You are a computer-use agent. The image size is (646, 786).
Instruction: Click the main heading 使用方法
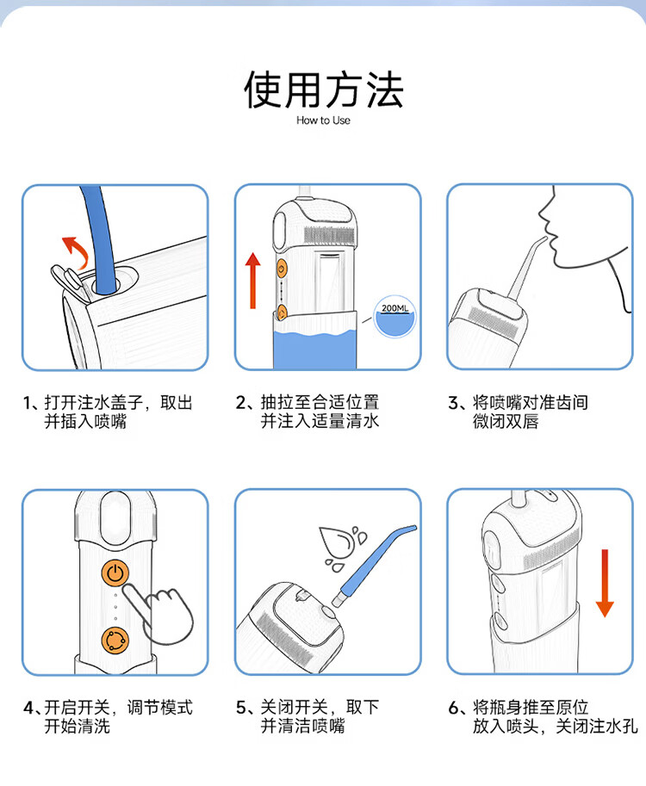click(324, 90)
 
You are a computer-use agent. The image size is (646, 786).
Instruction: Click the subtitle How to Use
click(323, 121)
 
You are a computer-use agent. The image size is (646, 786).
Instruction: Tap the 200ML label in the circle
click(394, 308)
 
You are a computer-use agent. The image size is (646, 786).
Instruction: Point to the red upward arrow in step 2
click(253, 280)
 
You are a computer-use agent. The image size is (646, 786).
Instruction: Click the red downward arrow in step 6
click(605, 583)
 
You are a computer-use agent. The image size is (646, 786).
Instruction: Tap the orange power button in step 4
click(115, 572)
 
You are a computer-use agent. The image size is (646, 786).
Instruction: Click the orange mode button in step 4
click(115, 641)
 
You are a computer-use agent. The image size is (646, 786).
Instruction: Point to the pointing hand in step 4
click(159, 614)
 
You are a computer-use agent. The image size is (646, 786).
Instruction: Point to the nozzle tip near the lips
click(544, 238)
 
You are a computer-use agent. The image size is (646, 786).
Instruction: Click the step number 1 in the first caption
click(28, 403)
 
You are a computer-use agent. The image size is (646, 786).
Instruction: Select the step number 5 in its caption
click(241, 708)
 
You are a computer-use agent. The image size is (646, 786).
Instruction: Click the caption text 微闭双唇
click(505, 421)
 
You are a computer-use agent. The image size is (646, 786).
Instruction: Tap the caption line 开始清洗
click(77, 726)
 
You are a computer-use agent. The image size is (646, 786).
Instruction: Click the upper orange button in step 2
click(282, 269)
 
